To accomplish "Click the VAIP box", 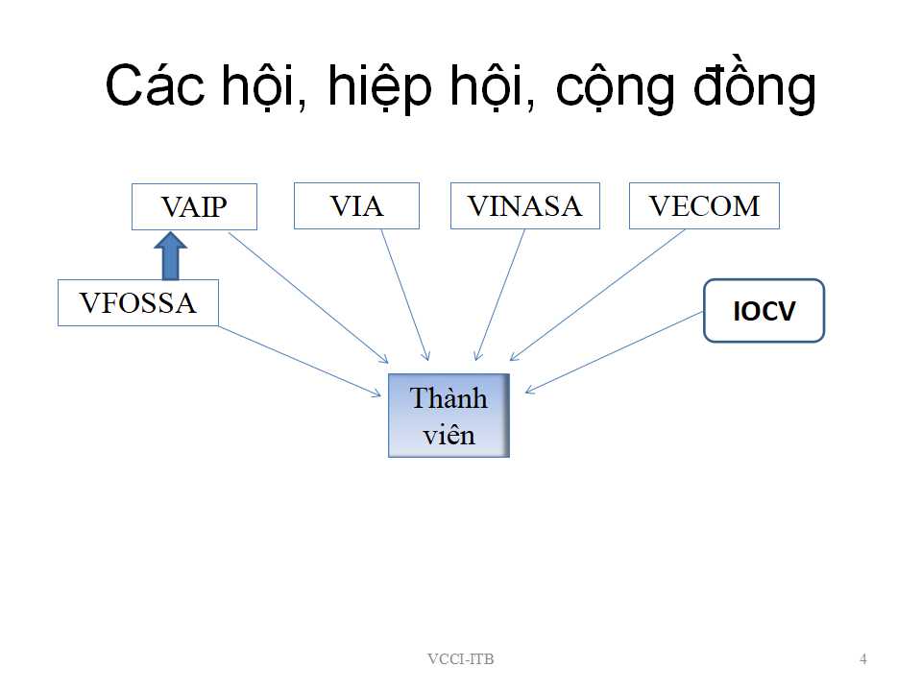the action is [194, 206].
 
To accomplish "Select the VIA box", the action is [356, 205].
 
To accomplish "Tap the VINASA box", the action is [525, 205].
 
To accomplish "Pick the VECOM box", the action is [704, 205].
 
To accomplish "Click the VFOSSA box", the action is [138, 302].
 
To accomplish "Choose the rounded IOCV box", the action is [764, 310].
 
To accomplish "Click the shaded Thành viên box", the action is [449, 416].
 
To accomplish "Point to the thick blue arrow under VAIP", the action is [171, 256].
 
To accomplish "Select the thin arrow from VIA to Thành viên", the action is [405, 295].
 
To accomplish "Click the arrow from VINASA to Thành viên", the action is [499, 295].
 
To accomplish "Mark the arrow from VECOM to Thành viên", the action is [597, 295].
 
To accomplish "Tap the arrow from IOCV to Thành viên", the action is [614, 352].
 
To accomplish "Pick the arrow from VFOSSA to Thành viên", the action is [300, 362].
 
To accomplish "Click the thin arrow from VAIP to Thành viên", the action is [308, 298].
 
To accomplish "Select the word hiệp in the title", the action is [380, 88].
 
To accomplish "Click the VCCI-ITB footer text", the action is [461, 659].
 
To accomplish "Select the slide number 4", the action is [863, 659].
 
